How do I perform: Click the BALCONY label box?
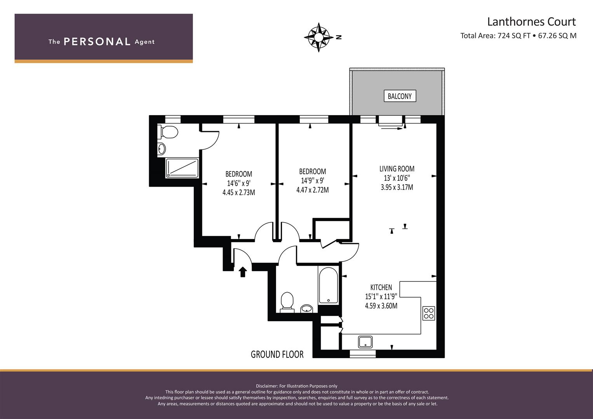[400, 96]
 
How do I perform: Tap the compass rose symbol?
[319, 37]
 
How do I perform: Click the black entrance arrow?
[243, 272]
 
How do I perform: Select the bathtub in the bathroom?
[328, 285]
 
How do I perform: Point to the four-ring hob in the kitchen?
[429, 313]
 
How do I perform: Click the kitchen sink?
[365, 342]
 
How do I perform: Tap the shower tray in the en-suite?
[182, 168]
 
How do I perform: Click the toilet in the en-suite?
[168, 132]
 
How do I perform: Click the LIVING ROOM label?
[397, 169]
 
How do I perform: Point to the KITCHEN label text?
[381, 287]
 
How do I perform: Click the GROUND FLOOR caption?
[277, 355]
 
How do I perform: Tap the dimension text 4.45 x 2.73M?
[239, 192]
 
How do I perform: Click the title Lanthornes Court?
[532, 22]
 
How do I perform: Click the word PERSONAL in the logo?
[97, 42]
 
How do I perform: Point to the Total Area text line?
[518, 36]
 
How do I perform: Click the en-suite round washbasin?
[162, 149]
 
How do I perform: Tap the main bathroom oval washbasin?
[306, 308]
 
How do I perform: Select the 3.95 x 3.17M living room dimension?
[397, 187]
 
